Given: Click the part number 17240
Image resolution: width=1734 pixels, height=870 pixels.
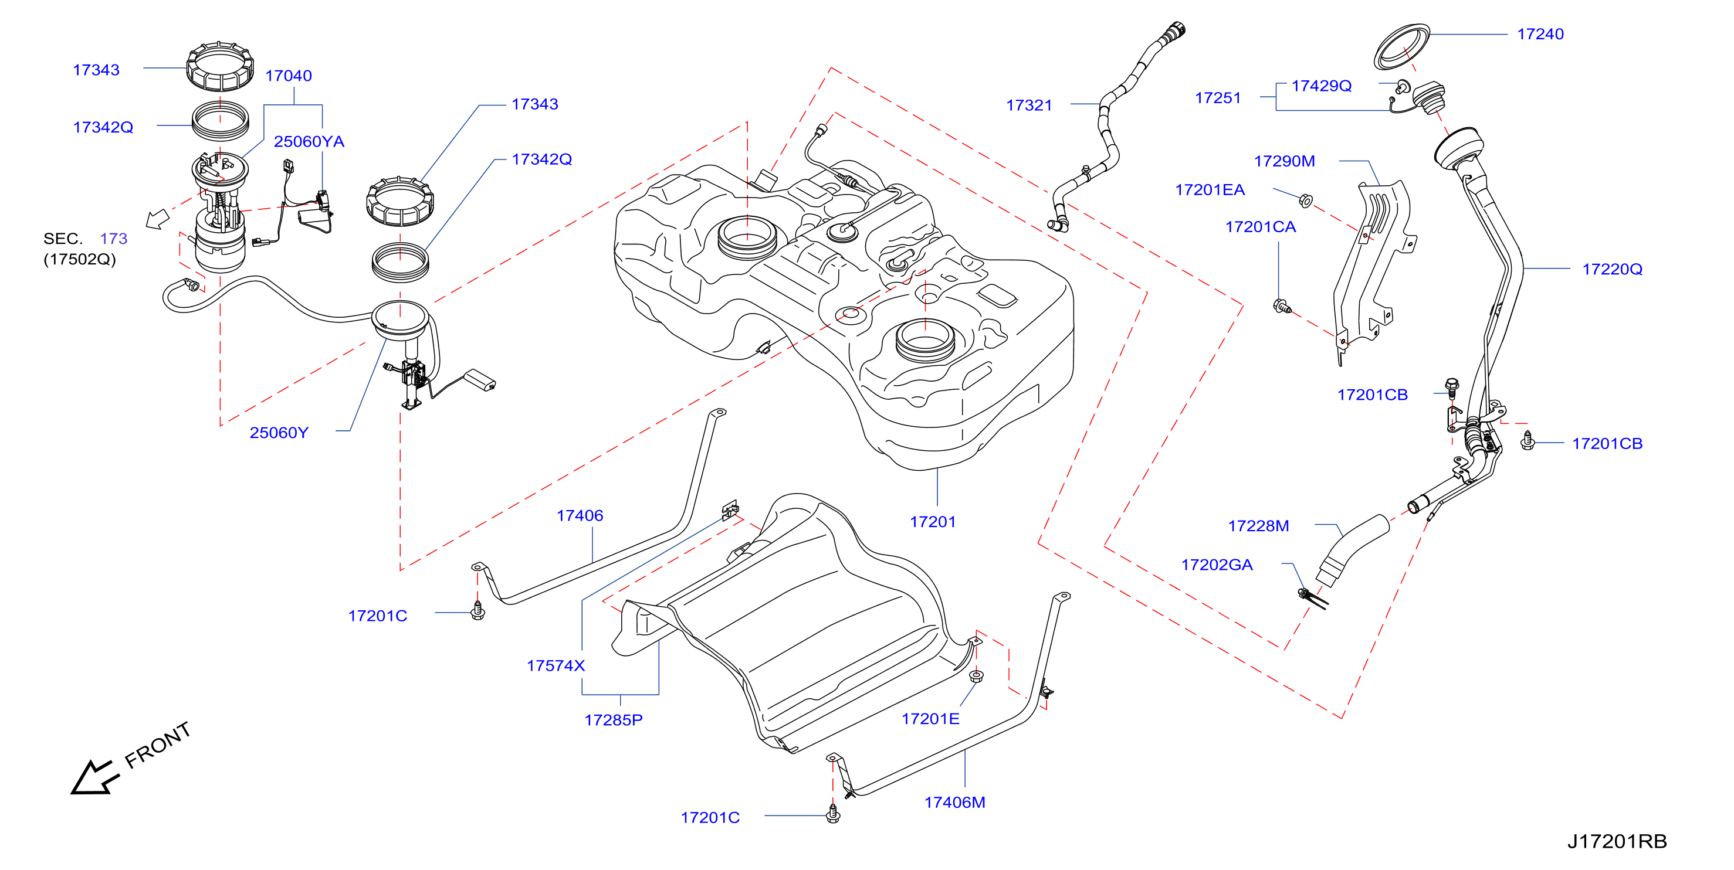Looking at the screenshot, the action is click(x=1540, y=35).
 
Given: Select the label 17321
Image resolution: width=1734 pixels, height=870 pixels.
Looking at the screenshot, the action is click(x=1028, y=106).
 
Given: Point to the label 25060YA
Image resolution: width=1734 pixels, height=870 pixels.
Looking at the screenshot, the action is click(x=309, y=141).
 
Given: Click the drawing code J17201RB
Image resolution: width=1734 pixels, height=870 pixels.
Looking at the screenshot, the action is click(x=1617, y=841).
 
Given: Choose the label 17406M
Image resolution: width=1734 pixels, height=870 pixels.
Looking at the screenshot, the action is click(x=954, y=802).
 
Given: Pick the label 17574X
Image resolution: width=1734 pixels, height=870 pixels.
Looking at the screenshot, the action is click(x=556, y=665).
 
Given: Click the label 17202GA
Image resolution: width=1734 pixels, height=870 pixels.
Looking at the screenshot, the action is click(x=1217, y=565).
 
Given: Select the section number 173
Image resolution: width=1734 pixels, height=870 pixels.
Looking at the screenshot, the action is click(x=114, y=238).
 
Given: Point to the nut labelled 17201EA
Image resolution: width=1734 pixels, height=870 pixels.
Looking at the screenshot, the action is click(x=1305, y=200).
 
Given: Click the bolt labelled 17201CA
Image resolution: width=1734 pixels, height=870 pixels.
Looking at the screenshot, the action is click(x=1282, y=307).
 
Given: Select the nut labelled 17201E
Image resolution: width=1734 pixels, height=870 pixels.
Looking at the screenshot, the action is click(x=976, y=675).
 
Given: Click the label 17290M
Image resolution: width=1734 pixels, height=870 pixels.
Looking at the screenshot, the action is click(x=1284, y=161).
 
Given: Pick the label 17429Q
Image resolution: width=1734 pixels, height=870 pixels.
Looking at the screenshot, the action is click(x=1322, y=86).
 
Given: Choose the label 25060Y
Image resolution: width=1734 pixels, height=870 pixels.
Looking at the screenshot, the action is click(x=279, y=433).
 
